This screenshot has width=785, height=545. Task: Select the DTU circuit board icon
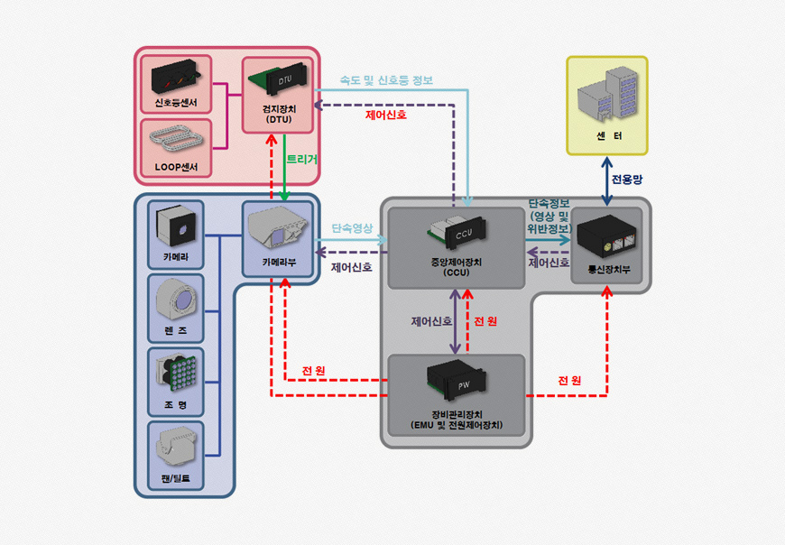pos(277,81)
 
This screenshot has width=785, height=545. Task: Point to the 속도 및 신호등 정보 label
pos(385,80)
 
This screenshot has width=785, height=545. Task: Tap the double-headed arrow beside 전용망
pos(605,180)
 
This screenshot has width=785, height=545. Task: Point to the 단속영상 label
pos(351,229)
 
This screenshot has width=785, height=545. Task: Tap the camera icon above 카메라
pos(176,226)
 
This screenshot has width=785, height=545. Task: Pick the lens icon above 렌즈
pos(175,300)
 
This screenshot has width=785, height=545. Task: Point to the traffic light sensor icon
pos(175,74)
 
